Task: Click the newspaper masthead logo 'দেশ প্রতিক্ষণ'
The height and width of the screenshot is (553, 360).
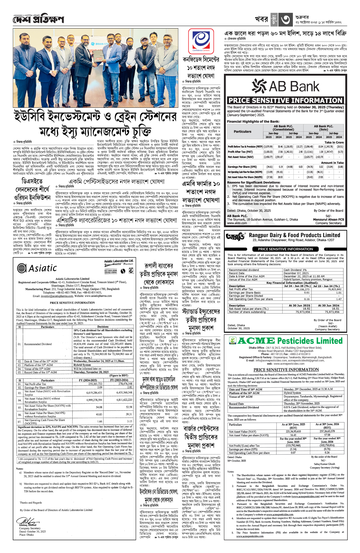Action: [38, 20]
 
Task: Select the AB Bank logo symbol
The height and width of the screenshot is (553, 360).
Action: [259, 86]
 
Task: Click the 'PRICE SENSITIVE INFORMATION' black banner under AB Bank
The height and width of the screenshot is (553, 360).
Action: [285, 101]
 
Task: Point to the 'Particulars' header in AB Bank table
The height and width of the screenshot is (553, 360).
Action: [242, 131]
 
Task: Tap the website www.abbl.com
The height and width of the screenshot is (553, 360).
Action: [237, 223]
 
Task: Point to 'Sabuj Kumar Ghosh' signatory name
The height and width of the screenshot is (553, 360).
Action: [324, 464]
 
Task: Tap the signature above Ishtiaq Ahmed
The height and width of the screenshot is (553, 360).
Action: [28, 521]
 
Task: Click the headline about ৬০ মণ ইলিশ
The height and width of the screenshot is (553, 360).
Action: [285, 33]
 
